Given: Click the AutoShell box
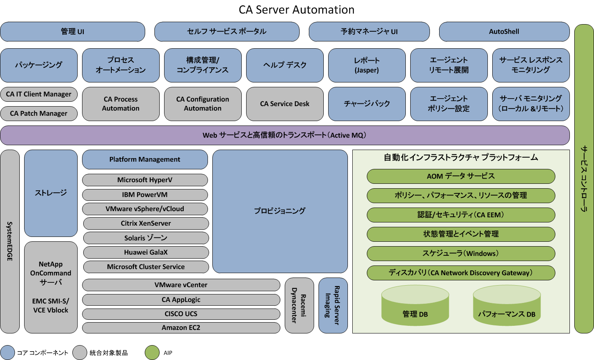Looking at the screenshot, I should tap(504, 31).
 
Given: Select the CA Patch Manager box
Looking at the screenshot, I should tap(39, 113).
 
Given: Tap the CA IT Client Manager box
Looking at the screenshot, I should tap(39, 94).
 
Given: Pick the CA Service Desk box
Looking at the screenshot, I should tap(285, 104).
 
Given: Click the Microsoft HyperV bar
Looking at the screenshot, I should tap(145, 180).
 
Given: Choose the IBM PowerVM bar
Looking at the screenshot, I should tap(145, 195).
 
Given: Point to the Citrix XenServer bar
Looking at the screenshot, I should tap(146, 223).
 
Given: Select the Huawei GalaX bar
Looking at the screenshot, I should tap(146, 252).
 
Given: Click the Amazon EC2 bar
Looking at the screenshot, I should tap(181, 327).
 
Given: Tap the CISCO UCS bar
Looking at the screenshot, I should tap(181, 314).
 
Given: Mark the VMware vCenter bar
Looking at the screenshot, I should tap(181, 285).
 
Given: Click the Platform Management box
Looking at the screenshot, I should tap(145, 159).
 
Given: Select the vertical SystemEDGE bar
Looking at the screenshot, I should tap(10, 241).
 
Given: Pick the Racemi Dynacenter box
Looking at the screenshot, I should tap(299, 305).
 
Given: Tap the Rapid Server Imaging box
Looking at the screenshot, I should tap(333, 305).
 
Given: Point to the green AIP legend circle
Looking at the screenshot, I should tap(152, 352).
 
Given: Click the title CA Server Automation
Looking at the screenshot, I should tap(296, 10).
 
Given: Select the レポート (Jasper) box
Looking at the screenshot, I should tap(367, 65).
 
